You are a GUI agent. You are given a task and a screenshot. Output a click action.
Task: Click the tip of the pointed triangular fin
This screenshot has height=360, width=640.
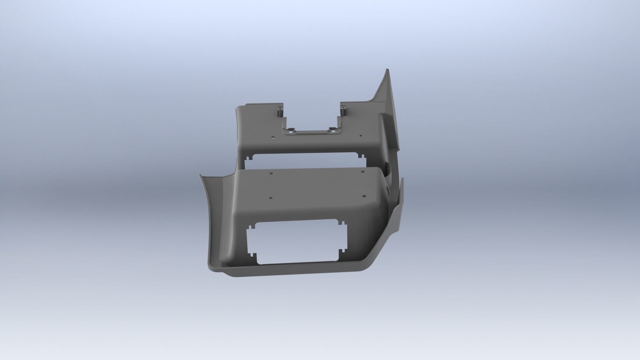[x=387, y=70]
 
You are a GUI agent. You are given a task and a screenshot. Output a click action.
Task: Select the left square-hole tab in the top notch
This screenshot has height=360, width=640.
[x=291, y=130]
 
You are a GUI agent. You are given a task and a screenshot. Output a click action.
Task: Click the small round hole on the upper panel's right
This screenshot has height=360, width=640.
[x=360, y=136]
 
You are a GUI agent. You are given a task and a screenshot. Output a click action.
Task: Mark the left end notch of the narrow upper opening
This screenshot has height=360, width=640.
[x=248, y=159]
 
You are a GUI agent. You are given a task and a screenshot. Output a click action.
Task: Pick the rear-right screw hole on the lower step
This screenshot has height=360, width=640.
[x=363, y=172]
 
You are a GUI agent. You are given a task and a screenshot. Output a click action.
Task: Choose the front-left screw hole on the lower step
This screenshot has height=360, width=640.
[x=270, y=198]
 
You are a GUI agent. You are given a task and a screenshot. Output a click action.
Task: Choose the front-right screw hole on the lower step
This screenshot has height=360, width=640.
[x=364, y=196]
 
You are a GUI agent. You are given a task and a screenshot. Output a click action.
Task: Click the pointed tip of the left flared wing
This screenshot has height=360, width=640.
[x=200, y=175]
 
